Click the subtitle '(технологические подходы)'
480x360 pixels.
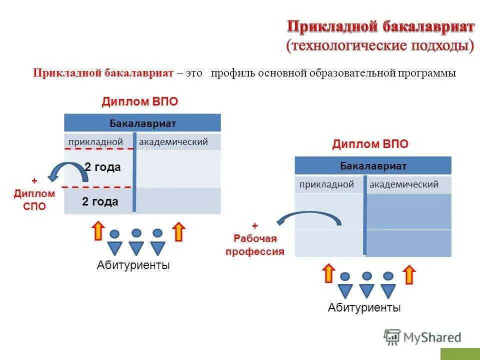click(x=380, y=45)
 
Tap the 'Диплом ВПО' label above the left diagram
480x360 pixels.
click(x=140, y=101)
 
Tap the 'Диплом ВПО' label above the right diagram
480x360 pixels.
click(x=370, y=144)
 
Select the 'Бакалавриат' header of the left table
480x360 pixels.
click(x=142, y=123)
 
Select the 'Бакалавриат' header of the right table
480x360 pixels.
click(x=373, y=165)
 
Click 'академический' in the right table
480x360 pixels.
click(x=404, y=184)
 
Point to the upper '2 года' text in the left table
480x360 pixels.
click(x=102, y=167)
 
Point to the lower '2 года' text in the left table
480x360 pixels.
click(x=100, y=201)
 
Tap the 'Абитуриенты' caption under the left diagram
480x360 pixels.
click(x=133, y=265)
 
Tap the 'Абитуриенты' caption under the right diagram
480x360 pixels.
click(x=364, y=307)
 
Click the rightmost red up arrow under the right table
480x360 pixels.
click(x=409, y=274)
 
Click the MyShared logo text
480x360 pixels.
click(x=432, y=337)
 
